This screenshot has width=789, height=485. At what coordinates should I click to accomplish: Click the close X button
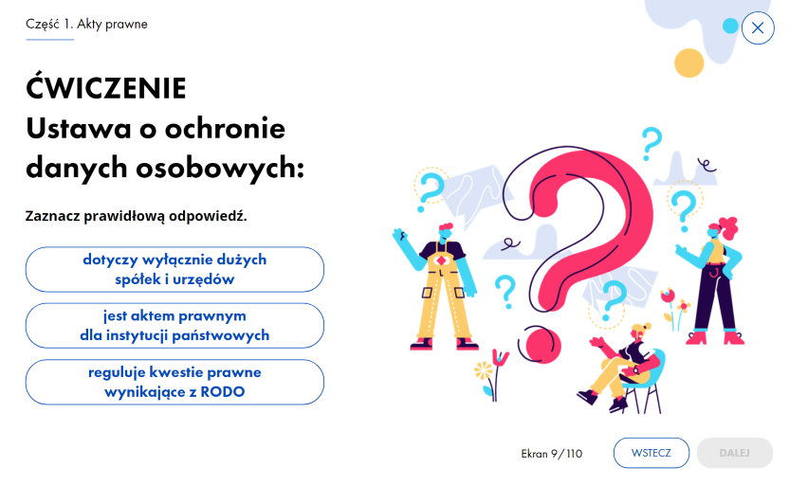tap(758, 27)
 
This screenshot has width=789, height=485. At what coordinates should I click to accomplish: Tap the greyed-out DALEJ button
tap(735, 453)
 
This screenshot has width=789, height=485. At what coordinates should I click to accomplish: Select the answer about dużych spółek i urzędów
tap(174, 269)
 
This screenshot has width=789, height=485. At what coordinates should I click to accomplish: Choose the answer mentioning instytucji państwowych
tap(174, 326)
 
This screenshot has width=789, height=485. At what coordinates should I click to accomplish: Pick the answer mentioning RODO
tap(174, 382)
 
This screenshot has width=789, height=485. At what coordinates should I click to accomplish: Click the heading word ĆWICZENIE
tap(106, 87)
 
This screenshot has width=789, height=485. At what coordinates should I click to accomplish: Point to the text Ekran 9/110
tap(552, 454)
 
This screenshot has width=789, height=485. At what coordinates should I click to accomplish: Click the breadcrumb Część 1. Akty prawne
tap(86, 24)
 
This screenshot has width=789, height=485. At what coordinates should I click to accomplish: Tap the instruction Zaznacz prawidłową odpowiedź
tap(136, 216)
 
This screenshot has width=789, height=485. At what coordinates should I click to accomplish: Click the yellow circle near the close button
tap(688, 63)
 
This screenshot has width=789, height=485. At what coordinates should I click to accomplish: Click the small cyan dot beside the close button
tap(730, 26)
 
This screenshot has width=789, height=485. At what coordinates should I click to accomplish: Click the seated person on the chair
tap(623, 368)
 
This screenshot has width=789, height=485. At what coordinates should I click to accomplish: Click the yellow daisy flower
tap(483, 371)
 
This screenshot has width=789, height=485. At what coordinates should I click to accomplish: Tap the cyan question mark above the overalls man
tap(431, 190)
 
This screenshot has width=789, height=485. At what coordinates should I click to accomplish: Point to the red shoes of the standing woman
tap(714, 336)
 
